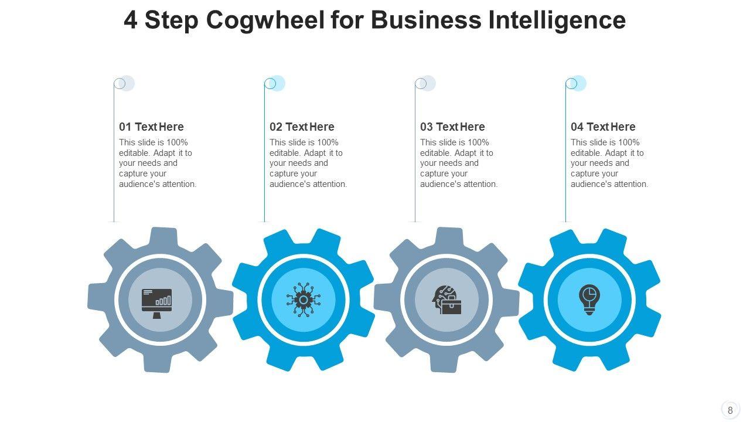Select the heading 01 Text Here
pos(151,127)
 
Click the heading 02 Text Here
pos(302,127)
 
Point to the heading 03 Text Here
pos(452,127)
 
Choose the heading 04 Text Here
pos(603,127)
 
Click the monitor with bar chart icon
pos(157,302)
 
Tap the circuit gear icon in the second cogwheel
pos(304,300)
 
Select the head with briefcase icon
pos(447,300)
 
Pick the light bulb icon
pos(589,300)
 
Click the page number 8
pos(730,410)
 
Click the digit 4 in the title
pos(131,21)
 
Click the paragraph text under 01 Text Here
pos(158,163)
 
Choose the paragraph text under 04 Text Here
pos(609,163)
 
